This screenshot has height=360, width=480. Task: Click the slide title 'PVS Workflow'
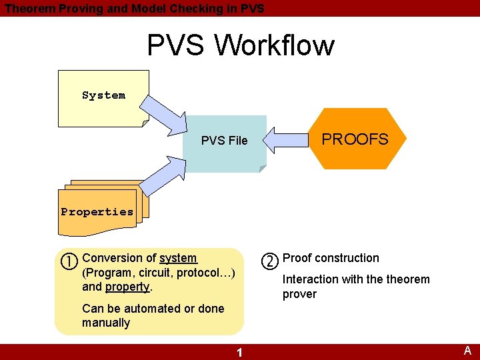pyautogui.click(x=240, y=45)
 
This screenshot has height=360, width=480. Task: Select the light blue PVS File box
pyautogui.click(x=225, y=141)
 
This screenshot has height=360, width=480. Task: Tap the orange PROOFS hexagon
pyautogui.click(x=355, y=139)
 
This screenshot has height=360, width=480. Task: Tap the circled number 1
pyautogui.click(x=71, y=260)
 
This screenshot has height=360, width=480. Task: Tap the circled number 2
pyautogui.click(x=269, y=261)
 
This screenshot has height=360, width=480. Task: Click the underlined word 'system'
pyautogui.click(x=178, y=258)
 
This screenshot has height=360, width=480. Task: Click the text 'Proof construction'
pyautogui.click(x=331, y=258)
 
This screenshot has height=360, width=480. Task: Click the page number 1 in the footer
pyautogui.click(x=240, y=352)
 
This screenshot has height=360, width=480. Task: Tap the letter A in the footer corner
pyautogui.click(x=467, y=351)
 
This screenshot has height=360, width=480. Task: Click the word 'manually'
pyautogui.click(x=106, y=323)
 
